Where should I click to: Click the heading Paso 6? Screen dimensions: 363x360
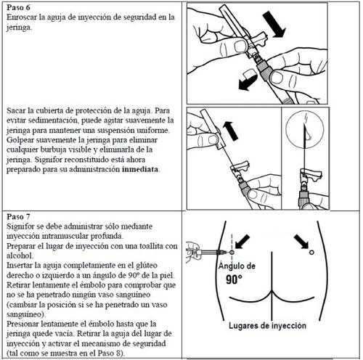pos(18,7)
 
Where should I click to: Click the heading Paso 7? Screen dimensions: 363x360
pos(18,216)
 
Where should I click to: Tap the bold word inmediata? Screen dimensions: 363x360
pos(140,169)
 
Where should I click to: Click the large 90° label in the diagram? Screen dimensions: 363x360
pos(234,279)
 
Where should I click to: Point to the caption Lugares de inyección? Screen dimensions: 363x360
pos(267,326)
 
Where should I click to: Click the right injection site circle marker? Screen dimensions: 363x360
pos(311,253)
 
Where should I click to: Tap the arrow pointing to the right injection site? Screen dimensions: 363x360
pos(301,242)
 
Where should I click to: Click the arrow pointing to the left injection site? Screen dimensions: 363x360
pos(242,242)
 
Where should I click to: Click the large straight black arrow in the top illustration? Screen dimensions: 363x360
pos(274,25)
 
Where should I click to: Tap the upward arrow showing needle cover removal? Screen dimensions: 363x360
pos(230,131)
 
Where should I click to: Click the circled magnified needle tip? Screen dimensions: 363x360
pos(305,129)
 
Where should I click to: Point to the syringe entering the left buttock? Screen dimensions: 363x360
pos(206,253)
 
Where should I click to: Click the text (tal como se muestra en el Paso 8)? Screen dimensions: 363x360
pos(65,353)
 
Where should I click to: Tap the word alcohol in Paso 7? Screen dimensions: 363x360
pos(19,255)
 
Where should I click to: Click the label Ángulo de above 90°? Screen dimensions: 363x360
pos(237,266)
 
